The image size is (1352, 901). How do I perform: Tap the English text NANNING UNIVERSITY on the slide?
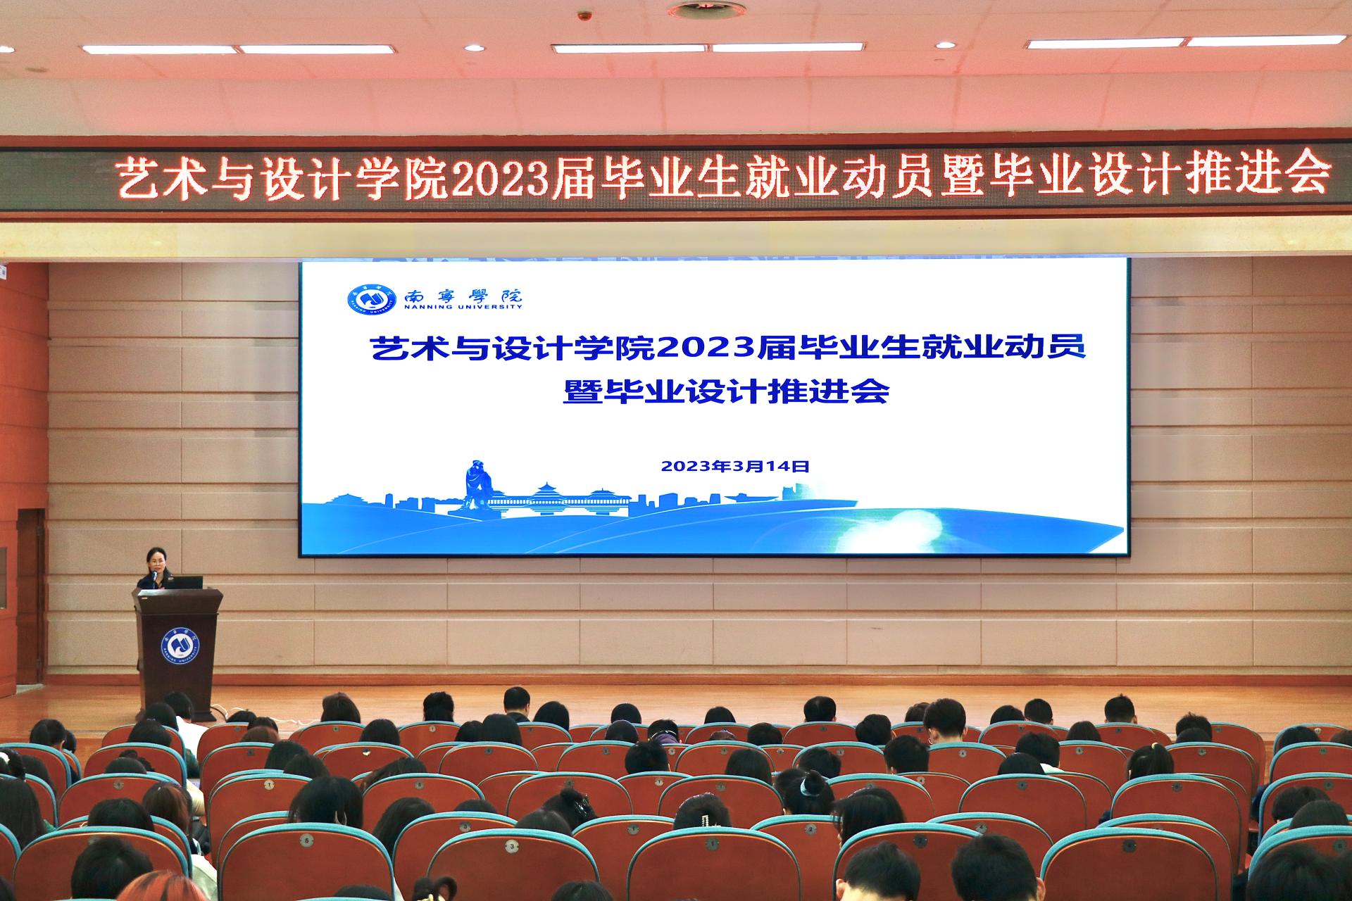[x=463, y=307]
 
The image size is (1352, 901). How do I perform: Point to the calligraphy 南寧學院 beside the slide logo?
[x=463, y=294]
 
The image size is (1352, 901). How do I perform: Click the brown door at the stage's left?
[x=30, y=597]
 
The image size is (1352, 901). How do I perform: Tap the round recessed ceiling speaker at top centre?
[x=696, y=11]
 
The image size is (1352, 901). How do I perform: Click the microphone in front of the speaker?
[x=154, y=576]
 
